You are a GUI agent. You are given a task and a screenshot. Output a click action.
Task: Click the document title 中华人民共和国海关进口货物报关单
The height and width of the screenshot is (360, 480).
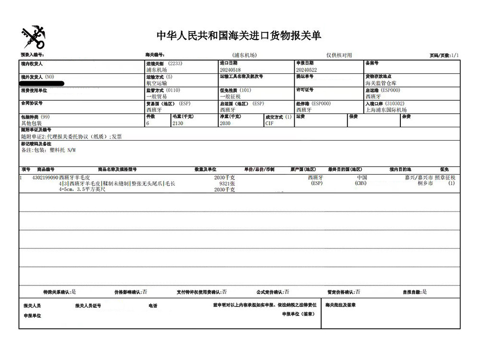(239, 36)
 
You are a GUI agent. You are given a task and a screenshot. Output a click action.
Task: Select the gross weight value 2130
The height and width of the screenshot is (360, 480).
(178, 123)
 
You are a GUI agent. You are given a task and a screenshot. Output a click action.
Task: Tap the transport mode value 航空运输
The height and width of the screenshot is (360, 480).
(156, 83)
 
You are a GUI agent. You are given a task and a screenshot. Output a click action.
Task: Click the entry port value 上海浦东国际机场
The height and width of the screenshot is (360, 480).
(386, 110)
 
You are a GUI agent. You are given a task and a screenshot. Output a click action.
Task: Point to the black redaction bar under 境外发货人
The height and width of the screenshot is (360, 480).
(42, 84)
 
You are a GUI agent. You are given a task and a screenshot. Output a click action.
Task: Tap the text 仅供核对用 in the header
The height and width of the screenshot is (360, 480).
(339, 56)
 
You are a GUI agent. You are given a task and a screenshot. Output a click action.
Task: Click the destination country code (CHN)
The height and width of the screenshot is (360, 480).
(361, 183)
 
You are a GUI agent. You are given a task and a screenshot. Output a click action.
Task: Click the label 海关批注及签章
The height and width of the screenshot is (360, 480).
(340, 305)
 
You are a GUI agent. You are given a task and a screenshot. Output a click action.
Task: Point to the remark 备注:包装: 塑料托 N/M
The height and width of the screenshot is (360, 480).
(48, 150)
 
